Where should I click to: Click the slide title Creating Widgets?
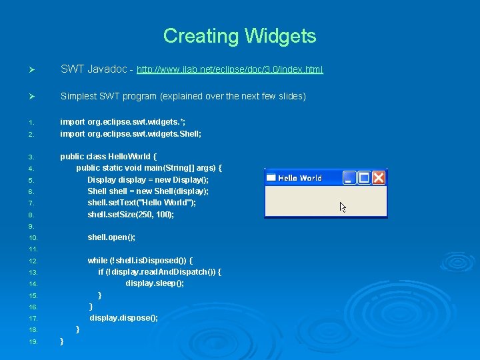click(239, 35)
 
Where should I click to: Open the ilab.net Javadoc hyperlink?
click(229, 69)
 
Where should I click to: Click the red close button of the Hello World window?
click(379, 177)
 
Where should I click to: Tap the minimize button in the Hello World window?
click(349, 177)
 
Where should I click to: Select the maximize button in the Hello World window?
click(364, 177)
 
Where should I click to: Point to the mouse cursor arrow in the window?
click(343, 207)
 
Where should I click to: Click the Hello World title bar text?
click(299, 178)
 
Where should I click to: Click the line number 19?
click(33, 342)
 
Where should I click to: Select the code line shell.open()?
click(111, 237)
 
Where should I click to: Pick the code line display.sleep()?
click(155, 283)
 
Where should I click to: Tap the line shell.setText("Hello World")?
click(142, 203)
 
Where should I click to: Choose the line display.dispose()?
click(124, 318)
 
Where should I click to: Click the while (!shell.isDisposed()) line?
click(141, 261)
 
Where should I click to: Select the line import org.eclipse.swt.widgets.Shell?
click(131, 133)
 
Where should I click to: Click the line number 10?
click(33, 238)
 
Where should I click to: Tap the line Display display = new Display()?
click(148, 180)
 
